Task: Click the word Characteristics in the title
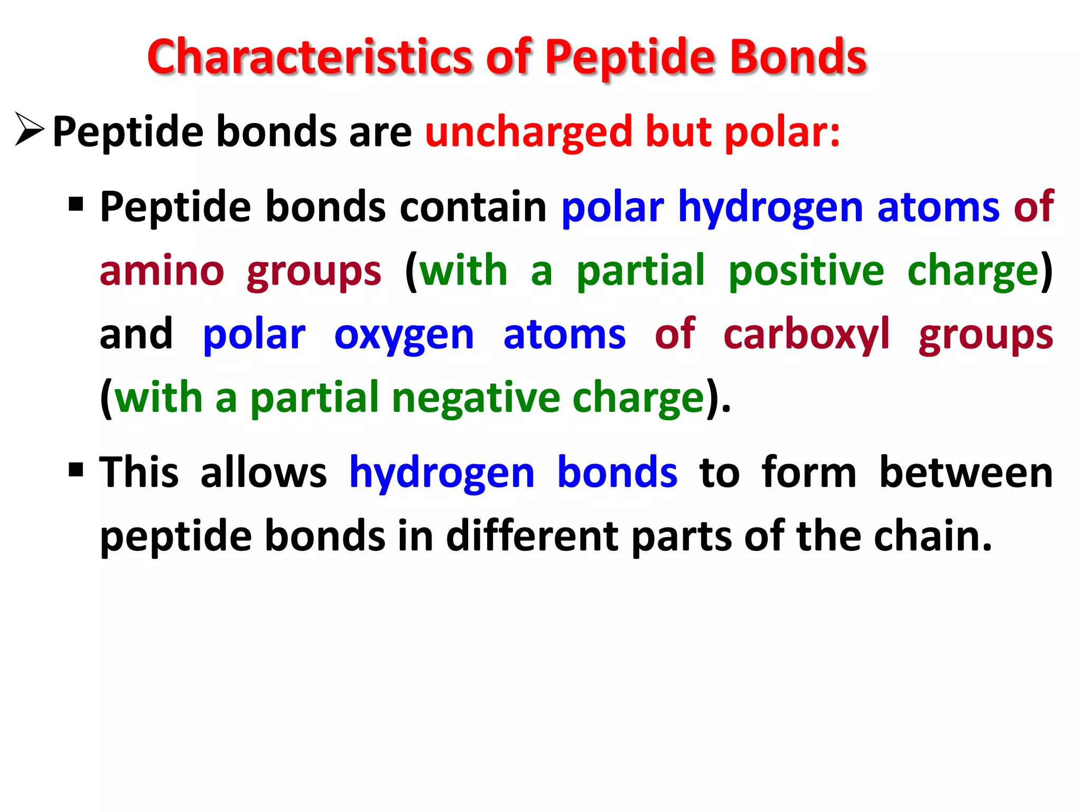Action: [309, 57]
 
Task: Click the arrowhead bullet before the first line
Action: [30, 129]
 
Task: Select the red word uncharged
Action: [528, 132]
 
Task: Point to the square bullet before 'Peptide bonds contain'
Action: [76, 204]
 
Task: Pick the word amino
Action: [162, 271]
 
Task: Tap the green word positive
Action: [806, 271]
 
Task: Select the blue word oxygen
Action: [404, 335]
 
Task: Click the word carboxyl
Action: [806, 334]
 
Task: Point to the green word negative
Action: [475, 398]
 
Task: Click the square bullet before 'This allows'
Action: [76, 469]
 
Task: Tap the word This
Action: [139, 472]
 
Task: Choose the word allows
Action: [264, 472]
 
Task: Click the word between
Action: [966, 472]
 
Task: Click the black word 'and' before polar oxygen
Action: [136, 334]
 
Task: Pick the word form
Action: [808, 472]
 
